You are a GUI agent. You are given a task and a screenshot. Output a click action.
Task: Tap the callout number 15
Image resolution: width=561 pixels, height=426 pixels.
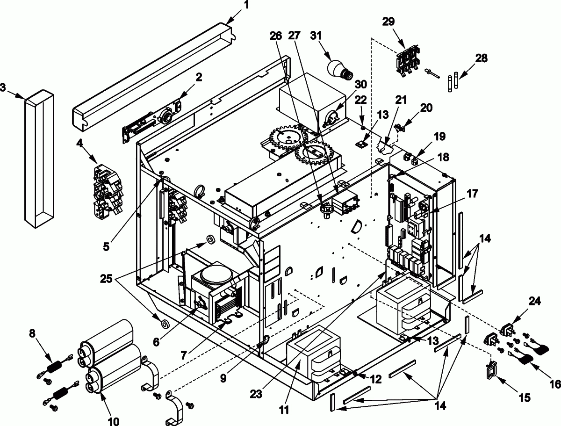tap(524, 397)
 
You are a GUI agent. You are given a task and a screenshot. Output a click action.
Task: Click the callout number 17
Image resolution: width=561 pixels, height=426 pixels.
tap(472, 193)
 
